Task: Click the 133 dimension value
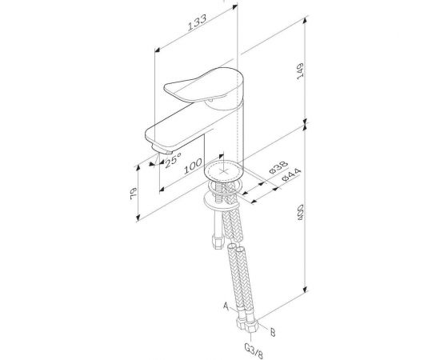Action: (197, 22)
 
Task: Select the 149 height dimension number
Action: (300, 71)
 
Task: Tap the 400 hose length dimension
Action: (300, 212)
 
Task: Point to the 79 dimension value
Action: (134, 194)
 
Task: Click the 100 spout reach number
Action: (193, 166)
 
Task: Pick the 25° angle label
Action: (173, 160)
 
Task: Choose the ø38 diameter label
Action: (278, 167)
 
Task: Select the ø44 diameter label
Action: (291, 175)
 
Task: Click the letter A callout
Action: (226, 306)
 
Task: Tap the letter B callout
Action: (273, 332)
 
